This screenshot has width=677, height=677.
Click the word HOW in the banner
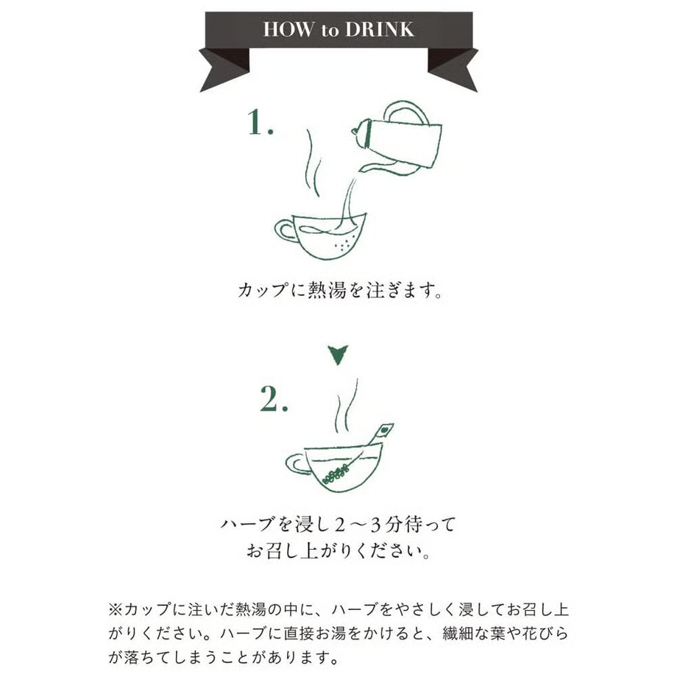pyautogui.click(x=288, y=29)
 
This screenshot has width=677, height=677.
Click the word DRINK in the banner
pyautogui.click(x=380, y=29)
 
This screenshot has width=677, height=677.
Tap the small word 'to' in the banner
pyautogui.click(x=329, y=31)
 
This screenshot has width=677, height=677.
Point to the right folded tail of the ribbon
pyautogui.click(x=453, y=69)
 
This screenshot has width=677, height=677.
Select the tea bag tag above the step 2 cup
pyautogui.click(x=384, y=430)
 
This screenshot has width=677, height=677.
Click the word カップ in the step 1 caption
pyautogui.click(x=263, y=290)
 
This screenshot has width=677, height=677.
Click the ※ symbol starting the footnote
pyautogui.click(x=116, y=609)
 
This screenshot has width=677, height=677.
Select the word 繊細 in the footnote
pyautogui.click(x=458, y=634)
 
